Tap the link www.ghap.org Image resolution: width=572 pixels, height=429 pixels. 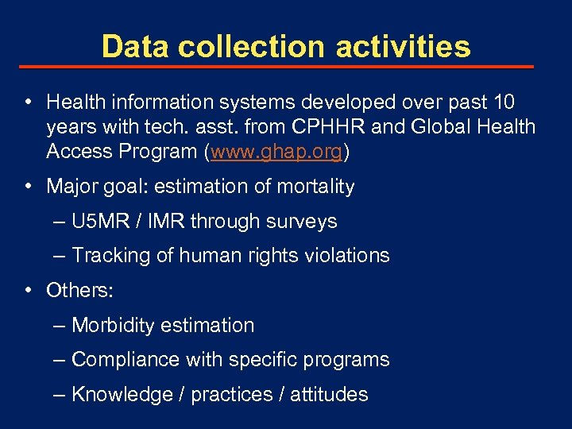click(x=276, y=152)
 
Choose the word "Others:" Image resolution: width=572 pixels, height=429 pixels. click(x=80, y=291)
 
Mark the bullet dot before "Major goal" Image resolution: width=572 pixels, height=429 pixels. click(x=28, y=187)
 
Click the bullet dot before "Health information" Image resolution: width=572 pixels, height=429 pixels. click(x=28, y=102)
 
